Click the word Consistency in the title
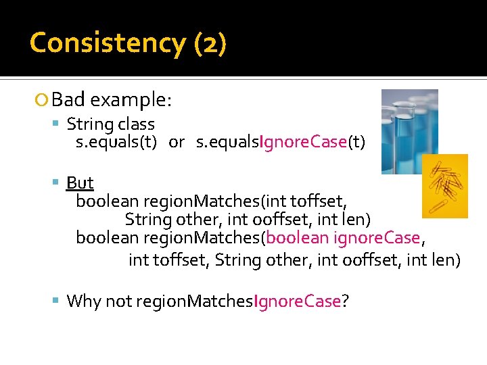tap(107, 43)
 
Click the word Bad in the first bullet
tap(68, 101)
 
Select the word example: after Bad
tap(131, 101)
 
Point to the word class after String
tap(136, 124)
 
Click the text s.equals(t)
tap(116, 142)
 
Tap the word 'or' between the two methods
tap(177, 142)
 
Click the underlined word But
tap(80, 183)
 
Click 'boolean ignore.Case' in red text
tap(344, 238)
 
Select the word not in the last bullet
tap(118, 301)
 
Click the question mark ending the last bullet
tap(346, 301)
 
